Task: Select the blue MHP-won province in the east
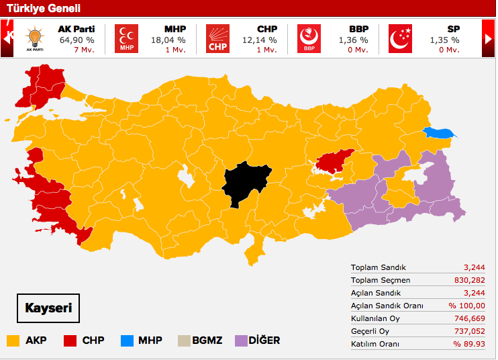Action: [439, 134]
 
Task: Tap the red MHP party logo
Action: [126, 39]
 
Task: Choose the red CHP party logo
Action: [217, 39]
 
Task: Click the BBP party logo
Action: [309, 39]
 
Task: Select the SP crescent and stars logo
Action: [401, 39]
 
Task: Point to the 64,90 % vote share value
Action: [77, 40]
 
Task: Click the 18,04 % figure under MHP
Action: [168, 40]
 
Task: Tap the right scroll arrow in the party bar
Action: [488, 39]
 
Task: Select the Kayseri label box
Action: [48, 309]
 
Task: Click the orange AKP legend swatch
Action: [13, 341]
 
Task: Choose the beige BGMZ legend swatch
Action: [184, 341]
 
